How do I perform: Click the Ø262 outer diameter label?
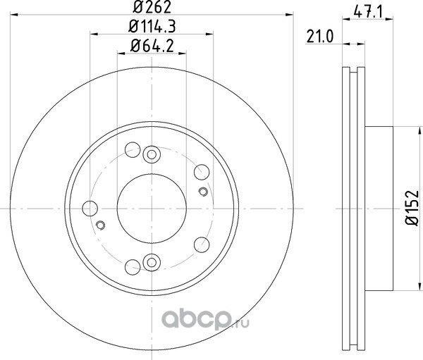click(152, 8)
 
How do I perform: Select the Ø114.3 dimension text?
click(152, 27)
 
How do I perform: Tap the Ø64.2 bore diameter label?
click(152, 46)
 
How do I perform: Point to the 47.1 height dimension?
click(368, 13)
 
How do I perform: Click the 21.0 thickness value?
click(320, 37)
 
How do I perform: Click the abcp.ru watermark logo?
click(205, 320)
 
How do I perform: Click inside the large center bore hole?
click(152, 209)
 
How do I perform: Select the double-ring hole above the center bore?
click(152, 154)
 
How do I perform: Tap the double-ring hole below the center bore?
click(152, 262)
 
